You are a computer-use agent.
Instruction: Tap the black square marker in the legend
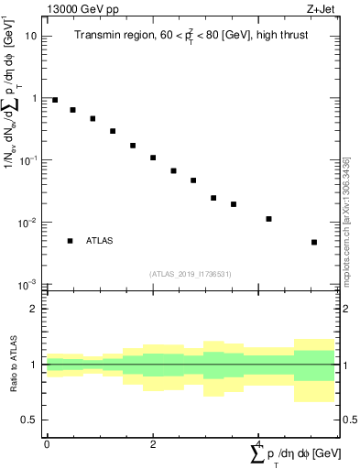70,241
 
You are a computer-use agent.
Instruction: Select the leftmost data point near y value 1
55,100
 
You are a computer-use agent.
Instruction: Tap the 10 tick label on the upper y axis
30,36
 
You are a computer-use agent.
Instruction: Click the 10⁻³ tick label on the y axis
28,285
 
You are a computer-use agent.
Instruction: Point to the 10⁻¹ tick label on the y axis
28,160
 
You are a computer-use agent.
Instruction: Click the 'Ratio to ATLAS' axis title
13,365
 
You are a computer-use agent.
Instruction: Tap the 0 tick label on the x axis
47,443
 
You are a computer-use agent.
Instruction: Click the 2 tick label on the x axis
153,443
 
